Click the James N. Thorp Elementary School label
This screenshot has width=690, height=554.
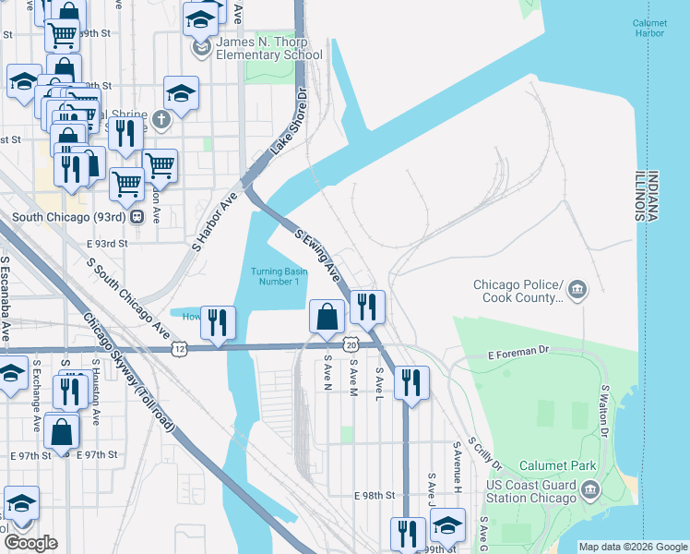269,48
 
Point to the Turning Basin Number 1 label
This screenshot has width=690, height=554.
276,276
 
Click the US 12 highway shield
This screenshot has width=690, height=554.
179,348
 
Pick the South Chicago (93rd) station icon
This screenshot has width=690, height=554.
137,218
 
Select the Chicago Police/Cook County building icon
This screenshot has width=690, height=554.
577,291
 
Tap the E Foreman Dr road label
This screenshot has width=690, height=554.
518,353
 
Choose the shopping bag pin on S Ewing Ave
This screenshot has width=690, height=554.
327,317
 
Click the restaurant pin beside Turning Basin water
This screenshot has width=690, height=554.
218,322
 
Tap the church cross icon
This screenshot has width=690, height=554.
161,119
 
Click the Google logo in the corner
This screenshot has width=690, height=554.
30,543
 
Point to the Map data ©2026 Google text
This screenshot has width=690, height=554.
632,547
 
